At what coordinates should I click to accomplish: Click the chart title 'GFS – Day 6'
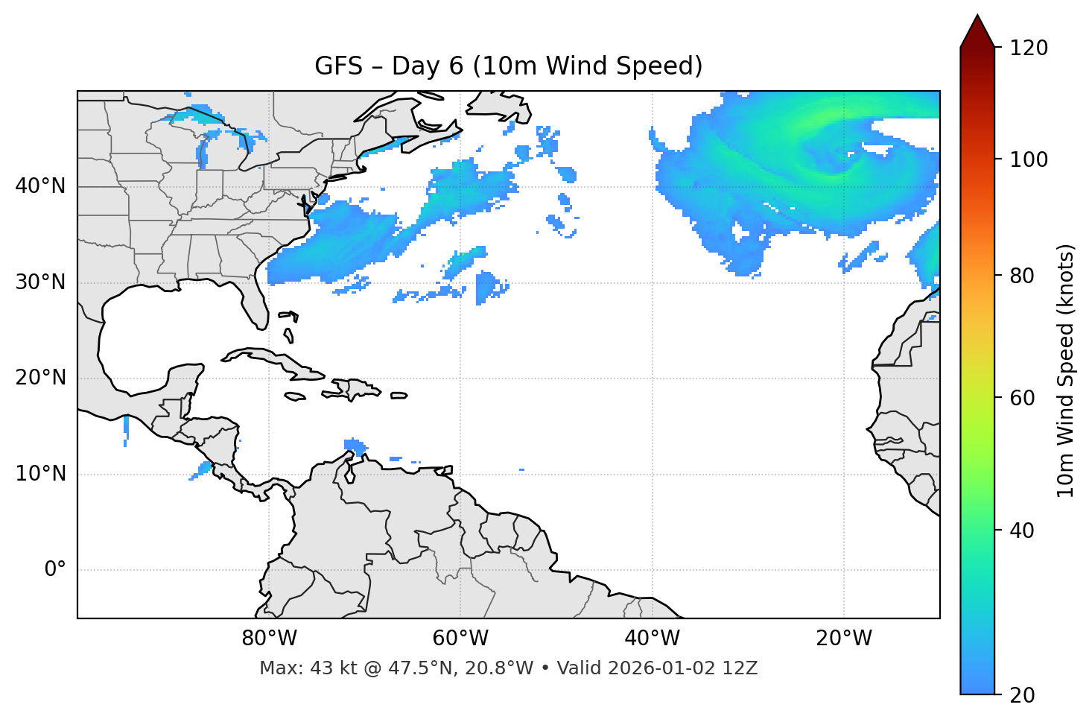click(x=508, y=66)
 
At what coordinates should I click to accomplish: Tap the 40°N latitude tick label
click(x=40, y=186)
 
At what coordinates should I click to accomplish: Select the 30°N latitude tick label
click(x=40, y=282)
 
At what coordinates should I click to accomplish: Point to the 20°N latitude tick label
click(x=40, y=378)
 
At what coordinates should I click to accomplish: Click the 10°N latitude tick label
click(x=40, y=474)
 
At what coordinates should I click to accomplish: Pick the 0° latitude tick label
click(x=55, y=570)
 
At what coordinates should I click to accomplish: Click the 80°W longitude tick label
click(x=269, y=639)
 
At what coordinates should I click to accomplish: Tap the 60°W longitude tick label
click(x=460, y=639)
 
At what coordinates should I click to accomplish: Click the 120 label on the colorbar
click(x=1029, y=48)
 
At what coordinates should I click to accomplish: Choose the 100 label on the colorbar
click(x=1029, y=159)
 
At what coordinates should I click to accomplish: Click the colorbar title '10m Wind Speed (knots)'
click(x=1066, y=371)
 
